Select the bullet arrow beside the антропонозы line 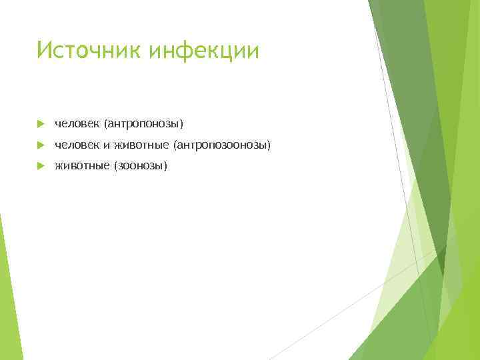(x=41, y=124)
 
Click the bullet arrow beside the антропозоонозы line (x=41, y=145)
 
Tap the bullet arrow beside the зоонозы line (x=41, y=165)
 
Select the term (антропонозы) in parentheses (x=143, y=124)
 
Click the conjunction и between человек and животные (x=106, y=145)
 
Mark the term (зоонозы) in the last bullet (x=141, y=165)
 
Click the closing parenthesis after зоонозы (x=166, y=165)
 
